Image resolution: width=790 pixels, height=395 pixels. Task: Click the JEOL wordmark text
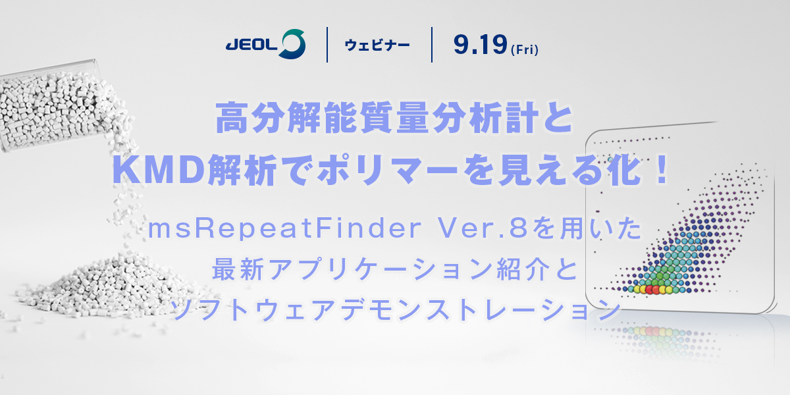pos(251,45)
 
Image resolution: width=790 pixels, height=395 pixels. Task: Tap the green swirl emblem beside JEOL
pos(292,44)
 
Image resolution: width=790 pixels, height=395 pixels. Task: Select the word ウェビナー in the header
pos(377,45)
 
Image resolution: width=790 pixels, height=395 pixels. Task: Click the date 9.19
pos(481,45)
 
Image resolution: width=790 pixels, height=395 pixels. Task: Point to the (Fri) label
pos(525,49)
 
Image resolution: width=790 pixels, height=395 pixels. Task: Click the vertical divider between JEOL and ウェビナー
pos(327,45)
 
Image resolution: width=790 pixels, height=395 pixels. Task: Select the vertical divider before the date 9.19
pos(432,45)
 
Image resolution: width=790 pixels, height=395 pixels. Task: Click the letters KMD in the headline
pos(159,170)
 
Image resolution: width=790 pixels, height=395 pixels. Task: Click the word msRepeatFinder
pos(285,228)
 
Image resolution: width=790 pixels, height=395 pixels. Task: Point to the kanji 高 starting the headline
pos(231,117)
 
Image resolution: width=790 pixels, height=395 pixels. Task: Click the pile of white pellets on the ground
pos(113,286)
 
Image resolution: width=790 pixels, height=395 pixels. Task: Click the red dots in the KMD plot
pos(653,290)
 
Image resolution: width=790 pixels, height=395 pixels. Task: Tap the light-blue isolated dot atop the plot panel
pos(610,160)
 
